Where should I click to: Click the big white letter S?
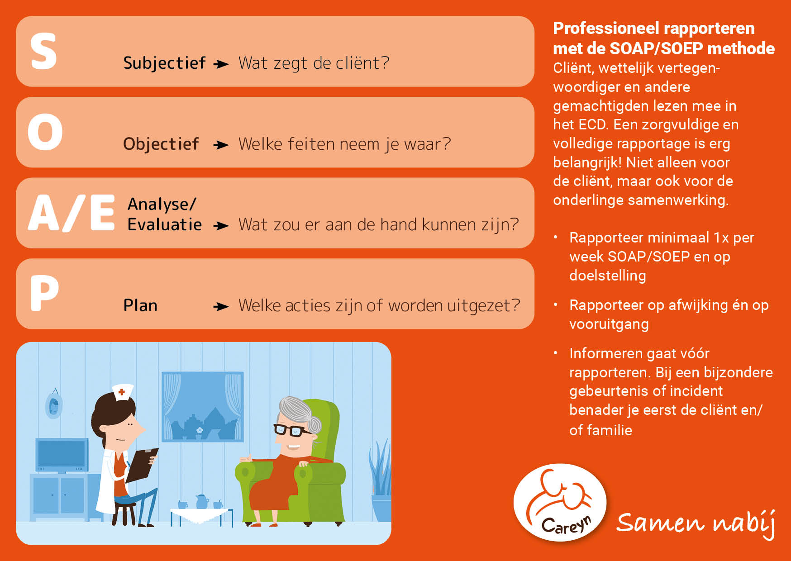click(x=44, y=51)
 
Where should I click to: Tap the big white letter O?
click(x=45, y=132)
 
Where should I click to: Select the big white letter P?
click(x=44, y=294)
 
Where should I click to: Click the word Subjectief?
click(x=165, y=63)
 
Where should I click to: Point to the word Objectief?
click(x=161, y=144)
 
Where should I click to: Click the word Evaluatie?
click(x=165, y=224)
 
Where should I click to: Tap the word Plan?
click(x=140, y=305)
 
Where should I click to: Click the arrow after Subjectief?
click(x=221, y=64)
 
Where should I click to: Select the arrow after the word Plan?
click(x=221, y=307)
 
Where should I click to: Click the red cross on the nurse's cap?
click(x=121, y=392)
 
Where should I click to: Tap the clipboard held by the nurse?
click(x=142, y=465)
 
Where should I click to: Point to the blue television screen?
click(x=62, y=454)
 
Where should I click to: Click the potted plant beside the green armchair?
click(x=381, y=480)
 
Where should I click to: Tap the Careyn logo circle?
click(x=560, y=502)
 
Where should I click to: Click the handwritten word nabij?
click(x=745, y=524)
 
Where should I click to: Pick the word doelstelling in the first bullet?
click(x=608, y=276)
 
